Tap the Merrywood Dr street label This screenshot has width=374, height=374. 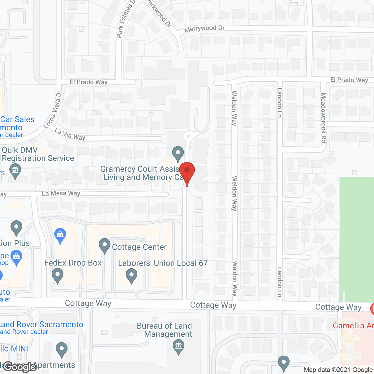point(204,29)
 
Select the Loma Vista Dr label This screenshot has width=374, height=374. point(53,110)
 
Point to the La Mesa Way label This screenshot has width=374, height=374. point(61,193)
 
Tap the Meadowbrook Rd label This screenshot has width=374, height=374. point(323,117)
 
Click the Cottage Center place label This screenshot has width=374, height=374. point(139,247)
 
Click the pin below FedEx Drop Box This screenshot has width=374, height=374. point(58,275)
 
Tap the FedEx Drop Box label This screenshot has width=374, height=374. point(73,263)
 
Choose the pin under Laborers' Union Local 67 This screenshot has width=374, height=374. point(131,275)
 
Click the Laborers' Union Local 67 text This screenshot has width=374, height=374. point(163,263)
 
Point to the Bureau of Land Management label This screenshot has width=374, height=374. point(165,330)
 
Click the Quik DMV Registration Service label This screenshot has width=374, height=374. point(38,154)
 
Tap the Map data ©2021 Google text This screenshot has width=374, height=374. point(338,370)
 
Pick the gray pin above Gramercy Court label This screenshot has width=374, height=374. point(178,153)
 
